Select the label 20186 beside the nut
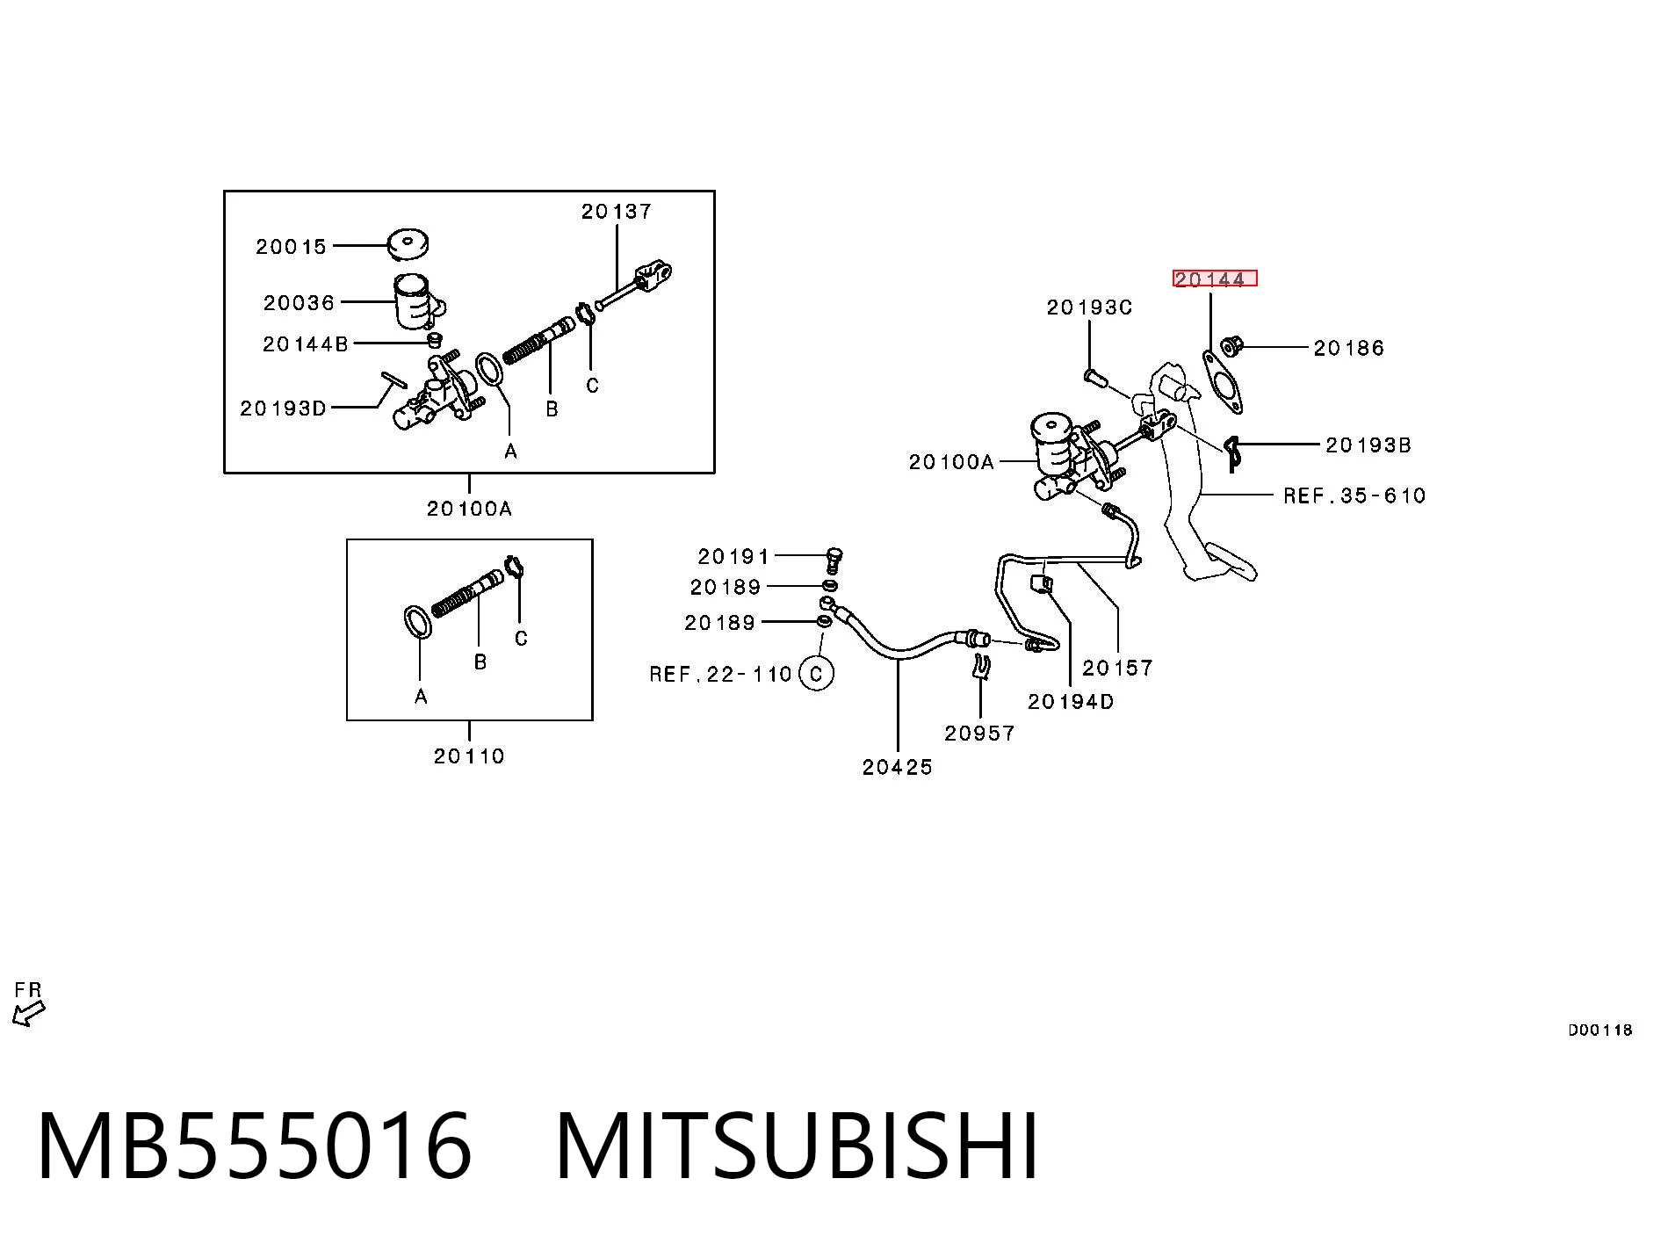click(x=1348, y=349)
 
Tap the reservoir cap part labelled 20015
click(x=408, y=245)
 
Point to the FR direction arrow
click(x=29, y=1013)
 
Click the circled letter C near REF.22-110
click(x=817, y=674)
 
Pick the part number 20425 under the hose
click(x=897, y=767)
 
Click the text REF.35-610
click(x=1354, y=495)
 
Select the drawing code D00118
click(x=1599, y=1030)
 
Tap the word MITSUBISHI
click(x=798, y=1146)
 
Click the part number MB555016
click(x=255, y=1146)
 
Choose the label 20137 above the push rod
click(x=617, y=212)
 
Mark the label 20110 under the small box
click(x=469, y=756)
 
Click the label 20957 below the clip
click(x=979, y=733)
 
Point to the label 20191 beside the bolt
click(x=733, y=556)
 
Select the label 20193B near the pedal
click(x=1368, y=445)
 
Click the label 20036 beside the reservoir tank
click(x=299, y=303)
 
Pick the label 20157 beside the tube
click(x=1117, y=669)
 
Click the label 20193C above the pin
click(x=1089, y=307)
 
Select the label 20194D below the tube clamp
click(x=1071, y=702)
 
